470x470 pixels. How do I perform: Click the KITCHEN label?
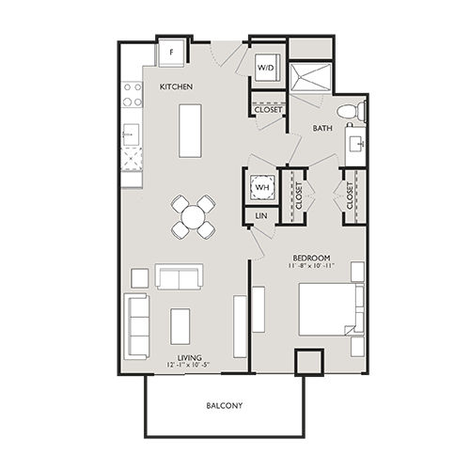tap(176, 86)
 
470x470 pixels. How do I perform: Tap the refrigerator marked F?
tap(171, 52)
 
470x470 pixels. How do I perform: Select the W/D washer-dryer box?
tap(266, 68)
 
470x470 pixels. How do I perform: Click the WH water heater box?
tap(261, 187)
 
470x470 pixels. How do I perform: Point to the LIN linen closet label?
tap(261, 217)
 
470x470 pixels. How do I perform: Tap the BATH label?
tap(322, 129)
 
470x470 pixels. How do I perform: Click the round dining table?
tap(192, 216)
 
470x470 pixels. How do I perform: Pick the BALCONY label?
tap(225, 406)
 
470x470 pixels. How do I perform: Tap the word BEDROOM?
tap(309, 256)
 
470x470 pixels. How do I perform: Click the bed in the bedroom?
tap(329, 309)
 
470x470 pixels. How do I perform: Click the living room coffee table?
tap(180, 325)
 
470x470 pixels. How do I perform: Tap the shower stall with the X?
tap(308, 77)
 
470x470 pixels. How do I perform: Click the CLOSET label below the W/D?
tap(268, 109)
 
